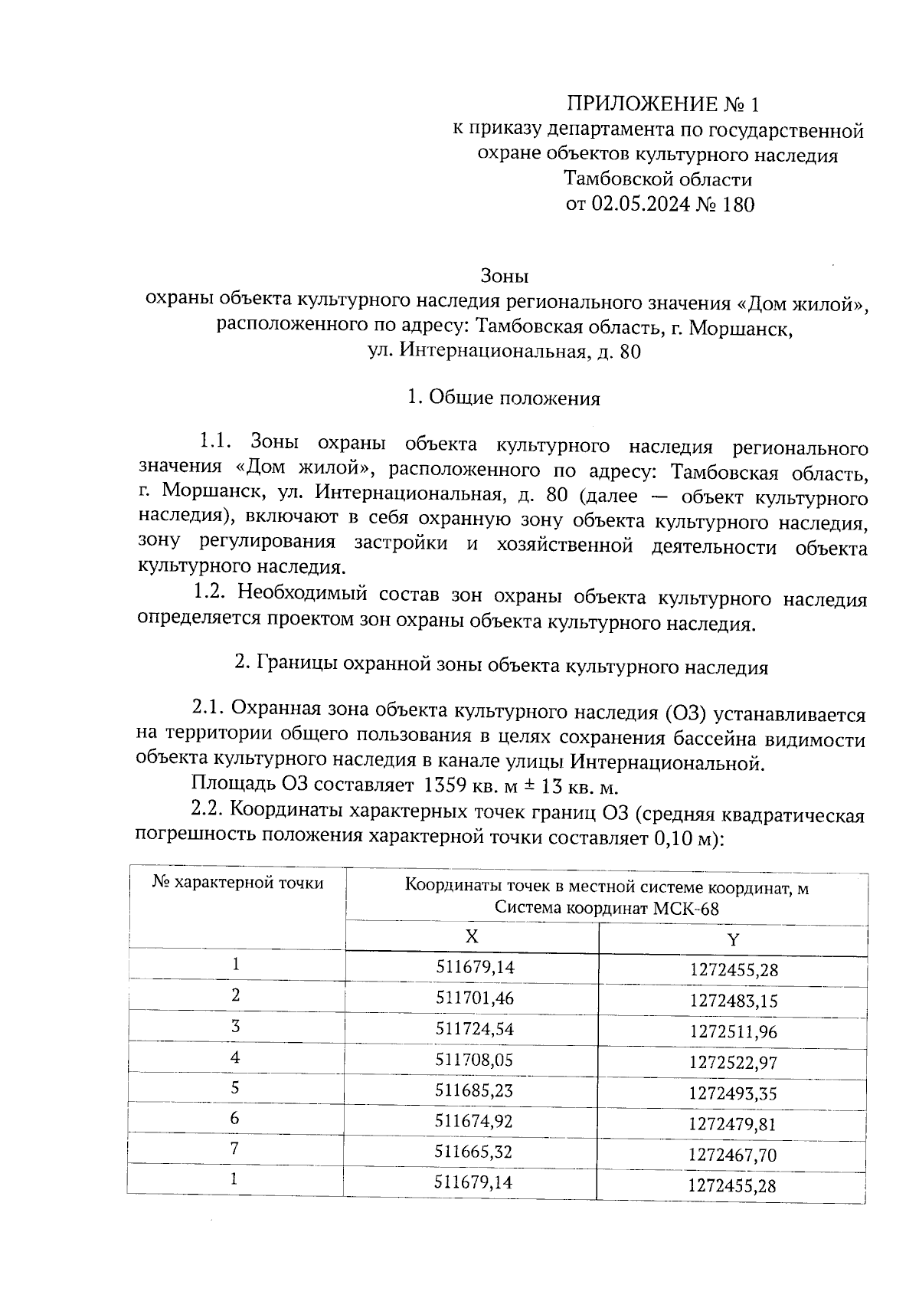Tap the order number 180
(x=737, y=205)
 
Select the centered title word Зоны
(x=505, y=274)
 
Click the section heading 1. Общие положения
(x=503, y=398)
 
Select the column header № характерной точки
(x=237, y=883)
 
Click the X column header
(x=472, y=937)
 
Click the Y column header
(x=733, y=940)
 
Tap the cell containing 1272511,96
(x=733, y=1032)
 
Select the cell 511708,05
(x=474, y=1060)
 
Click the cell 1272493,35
(x=733, y=1093)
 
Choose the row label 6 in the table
(x=235, y=1119)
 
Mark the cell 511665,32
(x=474, y=1152)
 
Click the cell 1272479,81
(x=733, y=1124)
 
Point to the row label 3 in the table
(x=235, y=1027)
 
